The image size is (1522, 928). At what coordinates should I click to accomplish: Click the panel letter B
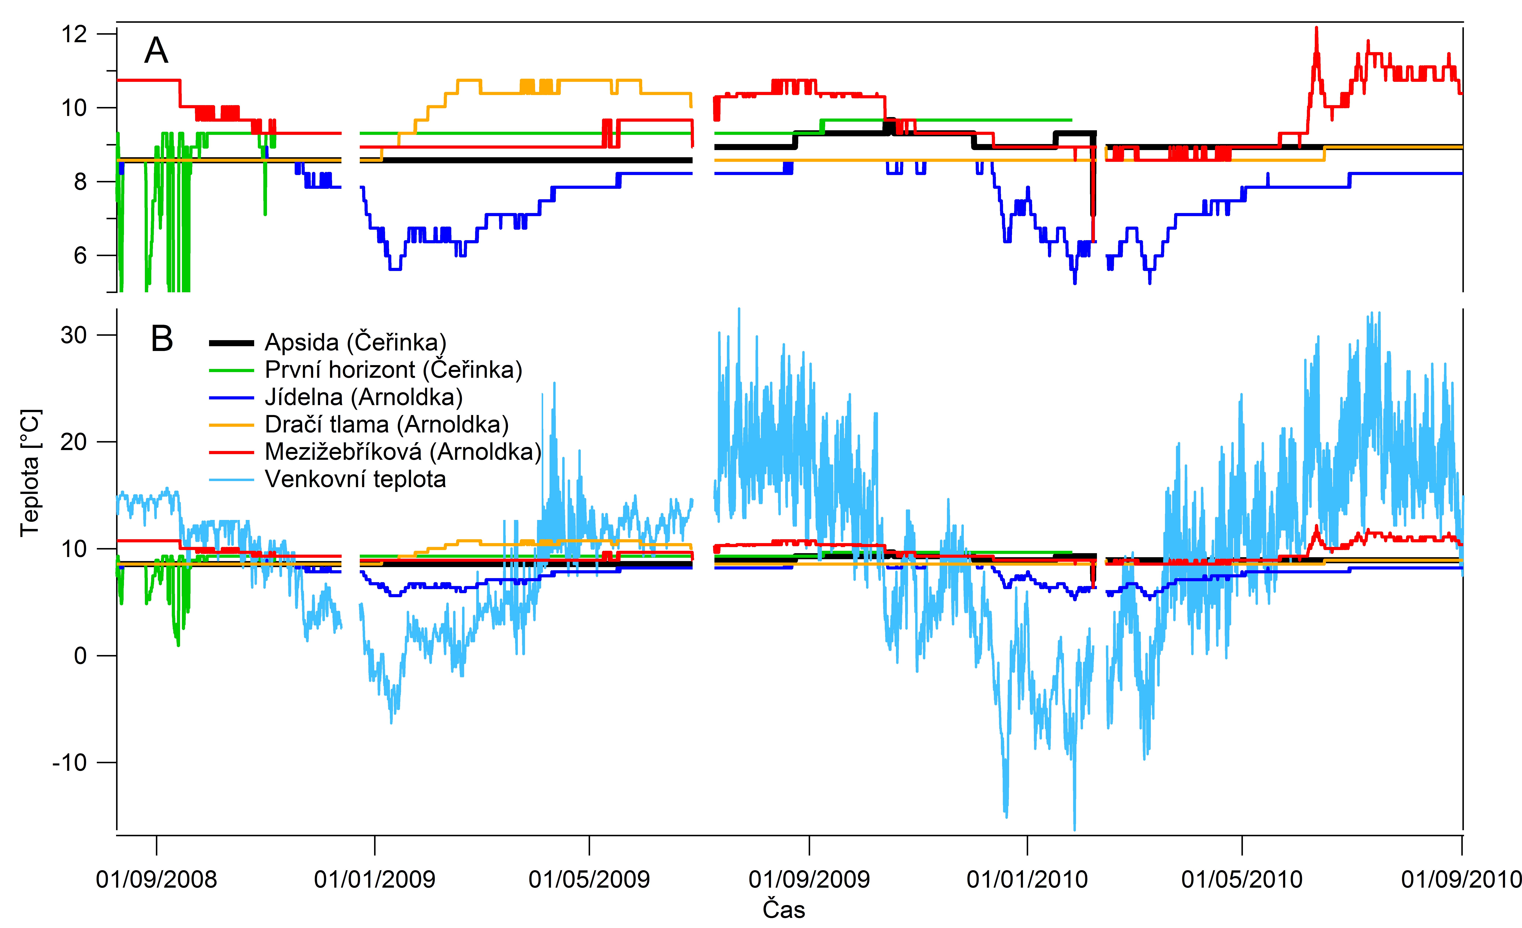(162, 339)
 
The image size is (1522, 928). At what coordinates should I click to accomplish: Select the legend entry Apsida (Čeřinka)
(355, 342)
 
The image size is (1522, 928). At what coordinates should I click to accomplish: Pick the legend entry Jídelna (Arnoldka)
(363, 397)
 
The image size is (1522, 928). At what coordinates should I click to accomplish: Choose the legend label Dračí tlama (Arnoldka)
(387, 424)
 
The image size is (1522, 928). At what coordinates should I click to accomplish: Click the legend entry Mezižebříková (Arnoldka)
(403, 452)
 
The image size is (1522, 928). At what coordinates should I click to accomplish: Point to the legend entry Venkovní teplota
(355, 479)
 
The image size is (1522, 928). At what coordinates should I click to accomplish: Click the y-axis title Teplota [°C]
(30, 473)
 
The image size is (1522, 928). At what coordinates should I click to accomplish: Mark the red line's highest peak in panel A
(1316, 28)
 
